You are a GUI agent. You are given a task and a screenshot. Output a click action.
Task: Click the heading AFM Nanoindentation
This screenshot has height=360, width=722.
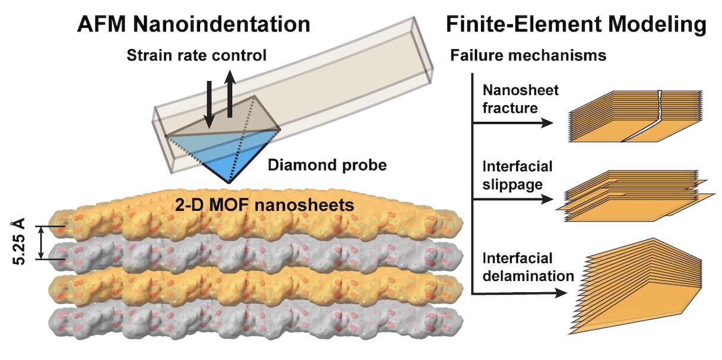tap(194, 24)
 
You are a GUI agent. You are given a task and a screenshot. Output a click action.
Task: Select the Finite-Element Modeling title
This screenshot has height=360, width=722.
tap(577, 24)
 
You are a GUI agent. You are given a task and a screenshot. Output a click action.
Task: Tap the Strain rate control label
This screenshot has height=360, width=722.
tap(197, 55)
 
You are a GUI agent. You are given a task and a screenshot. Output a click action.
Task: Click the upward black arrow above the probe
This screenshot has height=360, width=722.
tap(230, 93)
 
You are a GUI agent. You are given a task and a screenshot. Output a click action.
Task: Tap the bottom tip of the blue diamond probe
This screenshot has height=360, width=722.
tap(229, 183)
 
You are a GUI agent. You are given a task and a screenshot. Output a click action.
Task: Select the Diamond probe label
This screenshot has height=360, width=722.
tap(327, 165)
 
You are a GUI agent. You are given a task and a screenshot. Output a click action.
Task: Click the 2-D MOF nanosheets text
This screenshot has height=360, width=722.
tap(264, 205)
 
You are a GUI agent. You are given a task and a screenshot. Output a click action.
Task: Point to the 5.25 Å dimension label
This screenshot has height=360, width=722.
tap(18, 242)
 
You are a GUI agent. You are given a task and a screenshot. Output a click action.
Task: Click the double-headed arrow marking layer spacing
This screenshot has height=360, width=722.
tap(41, 242)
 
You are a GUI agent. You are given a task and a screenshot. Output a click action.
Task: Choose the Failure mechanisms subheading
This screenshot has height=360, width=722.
tap(528, 55)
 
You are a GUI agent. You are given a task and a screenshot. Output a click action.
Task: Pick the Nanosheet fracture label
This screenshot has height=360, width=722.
tap(520, 99)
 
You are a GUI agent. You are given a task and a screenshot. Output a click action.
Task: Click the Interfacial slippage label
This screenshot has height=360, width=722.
tap(517, 175)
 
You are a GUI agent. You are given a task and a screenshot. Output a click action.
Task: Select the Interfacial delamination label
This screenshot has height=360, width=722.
tap(528, 267)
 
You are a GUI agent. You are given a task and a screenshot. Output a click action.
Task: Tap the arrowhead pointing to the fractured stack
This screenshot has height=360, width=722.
tap(547, 123)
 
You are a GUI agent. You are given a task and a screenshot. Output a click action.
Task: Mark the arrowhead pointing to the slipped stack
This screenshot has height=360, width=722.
tap(547, 199)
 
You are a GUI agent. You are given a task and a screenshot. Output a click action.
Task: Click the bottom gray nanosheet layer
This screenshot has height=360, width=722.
tap(255, 323)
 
